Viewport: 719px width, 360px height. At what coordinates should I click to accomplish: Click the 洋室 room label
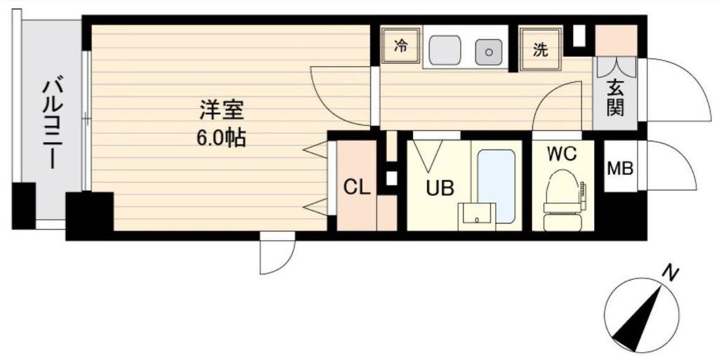pyautogui.click(x=221, y=110)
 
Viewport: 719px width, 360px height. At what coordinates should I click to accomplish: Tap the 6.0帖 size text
pyautogui.click(x=221, y=137)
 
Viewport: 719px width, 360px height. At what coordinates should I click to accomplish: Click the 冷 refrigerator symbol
pyautogui.click(x=400, y=46)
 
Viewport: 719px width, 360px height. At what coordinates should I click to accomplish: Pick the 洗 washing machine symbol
pyautogui.click(x=541, y=49)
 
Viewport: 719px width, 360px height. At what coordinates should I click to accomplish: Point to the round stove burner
pyautogui.click(x=489, y=52)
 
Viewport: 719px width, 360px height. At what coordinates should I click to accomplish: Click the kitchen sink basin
pyautogui.click(x=444, y=50)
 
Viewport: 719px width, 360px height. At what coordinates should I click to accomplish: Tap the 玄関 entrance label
pyautogui.click(x=615, y=98)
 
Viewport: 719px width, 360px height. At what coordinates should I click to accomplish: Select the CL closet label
pyautogui.click(x=357, y=187)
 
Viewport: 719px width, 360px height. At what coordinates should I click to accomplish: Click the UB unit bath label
pyautogui.click(x=440, y=188)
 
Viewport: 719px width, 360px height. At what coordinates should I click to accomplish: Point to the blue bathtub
pyautogui.click(x=496, y=187)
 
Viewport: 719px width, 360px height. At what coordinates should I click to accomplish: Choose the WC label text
pyautogui.click(x=562, y=155)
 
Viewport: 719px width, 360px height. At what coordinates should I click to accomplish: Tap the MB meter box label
pyautogui.click(x=620, y=168)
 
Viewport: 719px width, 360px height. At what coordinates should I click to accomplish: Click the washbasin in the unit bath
pyautogui.click(x=477, y=217)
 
